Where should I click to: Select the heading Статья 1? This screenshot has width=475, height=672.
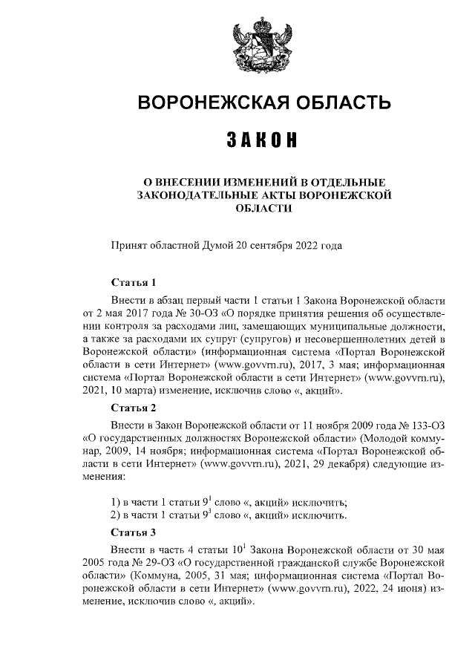pos(133,284)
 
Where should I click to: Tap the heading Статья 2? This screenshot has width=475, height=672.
pos(133,407)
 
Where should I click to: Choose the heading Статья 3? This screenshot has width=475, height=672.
pos(133,532)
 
